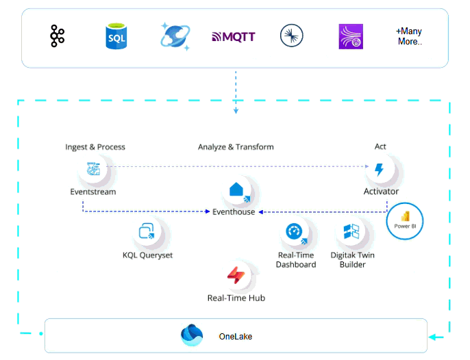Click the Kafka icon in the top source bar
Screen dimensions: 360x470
coord(58,36)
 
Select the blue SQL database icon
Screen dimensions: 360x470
coord(116,36)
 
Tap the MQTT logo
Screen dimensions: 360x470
coord(234,36)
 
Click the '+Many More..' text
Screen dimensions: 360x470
coord(410,36)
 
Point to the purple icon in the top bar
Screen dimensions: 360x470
coord(351,36)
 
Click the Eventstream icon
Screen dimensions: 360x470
coord(93,169)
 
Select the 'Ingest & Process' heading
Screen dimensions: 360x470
coord(95,146)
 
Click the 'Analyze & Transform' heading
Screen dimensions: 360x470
coord(236,146)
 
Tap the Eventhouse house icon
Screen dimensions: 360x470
coord(237,190)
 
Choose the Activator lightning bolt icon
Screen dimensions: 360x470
coord(379,169)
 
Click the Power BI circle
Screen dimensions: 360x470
coord(404,220)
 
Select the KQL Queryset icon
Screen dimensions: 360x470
coord(147,232)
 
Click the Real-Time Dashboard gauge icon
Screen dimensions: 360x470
coord(295,232)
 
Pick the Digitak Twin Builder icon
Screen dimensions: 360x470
coord(352,232)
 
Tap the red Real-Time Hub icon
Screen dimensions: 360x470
coord(236,275)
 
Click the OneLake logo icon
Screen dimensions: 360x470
coord(192,335)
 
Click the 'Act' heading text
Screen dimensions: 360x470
coord(380,146)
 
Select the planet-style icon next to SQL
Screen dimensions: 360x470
coord(174,36)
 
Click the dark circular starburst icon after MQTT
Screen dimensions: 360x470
coord(292,36)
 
